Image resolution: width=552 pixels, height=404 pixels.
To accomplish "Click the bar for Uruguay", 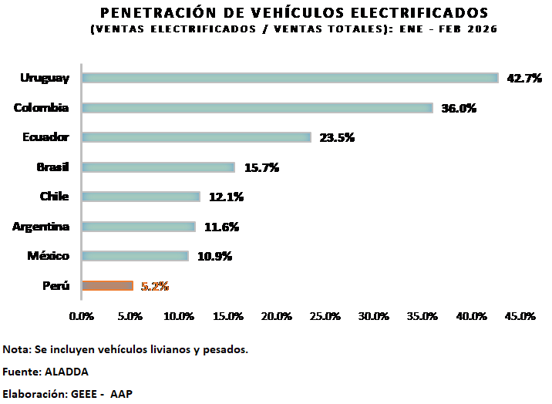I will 290,78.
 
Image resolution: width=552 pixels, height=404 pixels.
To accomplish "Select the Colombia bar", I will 257,108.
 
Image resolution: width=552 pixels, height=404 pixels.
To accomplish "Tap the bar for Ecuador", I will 197,137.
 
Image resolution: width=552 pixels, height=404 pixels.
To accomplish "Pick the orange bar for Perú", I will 107,286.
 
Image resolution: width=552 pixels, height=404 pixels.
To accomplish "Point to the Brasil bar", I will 158,167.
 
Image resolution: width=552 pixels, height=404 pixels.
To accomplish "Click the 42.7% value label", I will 524,78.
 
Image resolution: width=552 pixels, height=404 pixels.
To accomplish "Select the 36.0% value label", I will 459,108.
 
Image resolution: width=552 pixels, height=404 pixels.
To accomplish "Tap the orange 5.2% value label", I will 155,286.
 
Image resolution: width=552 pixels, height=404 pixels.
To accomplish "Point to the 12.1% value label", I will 226,197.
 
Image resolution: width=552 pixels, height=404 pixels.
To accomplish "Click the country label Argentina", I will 41,227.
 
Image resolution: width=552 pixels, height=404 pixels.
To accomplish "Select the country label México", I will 49,256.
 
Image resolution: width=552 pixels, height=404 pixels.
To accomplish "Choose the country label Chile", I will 54,197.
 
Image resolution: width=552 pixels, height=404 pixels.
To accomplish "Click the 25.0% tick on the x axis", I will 325,316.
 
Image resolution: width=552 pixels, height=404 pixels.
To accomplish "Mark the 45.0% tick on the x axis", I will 520,316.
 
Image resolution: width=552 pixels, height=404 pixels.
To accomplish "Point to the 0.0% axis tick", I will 82,316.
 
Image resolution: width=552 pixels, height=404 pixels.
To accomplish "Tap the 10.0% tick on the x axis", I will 179,316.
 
